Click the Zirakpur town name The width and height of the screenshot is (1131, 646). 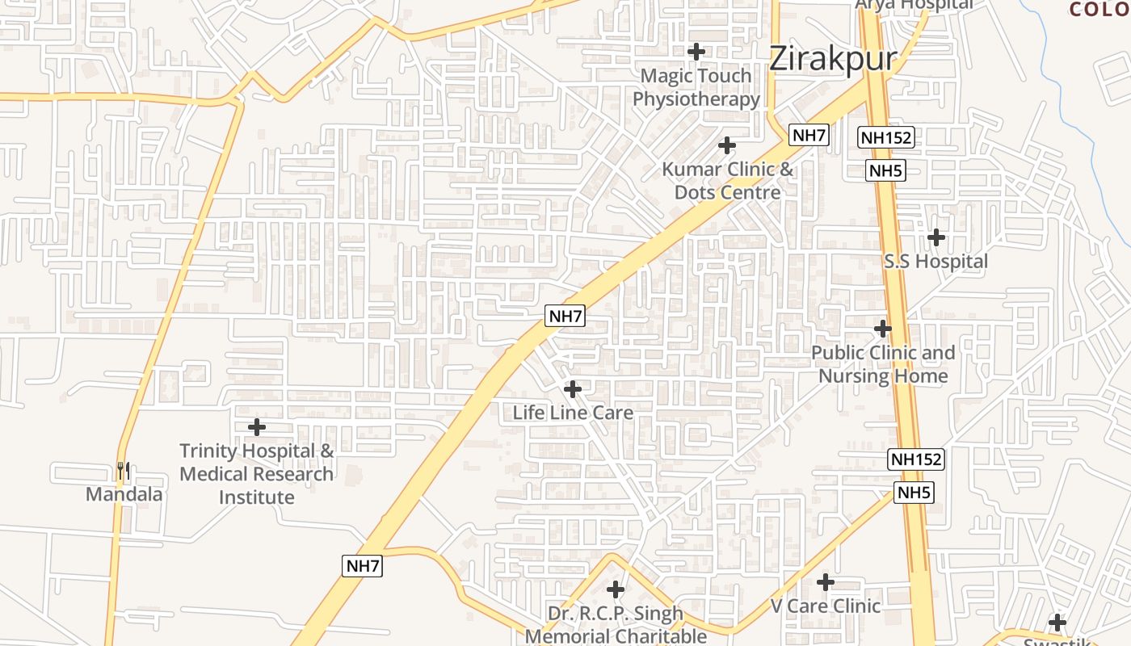pyautogui.click(x=832, y=59)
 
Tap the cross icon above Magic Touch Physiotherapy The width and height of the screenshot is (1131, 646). pyautogui.click(x=696, y=52)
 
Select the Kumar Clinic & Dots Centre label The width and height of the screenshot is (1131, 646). pyautogui.click(x=727, y=181)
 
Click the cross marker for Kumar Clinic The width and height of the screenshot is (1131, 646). pyautogui.click(x=727, y=145)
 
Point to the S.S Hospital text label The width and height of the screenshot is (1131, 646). pyautogui.click(x=935, y=262)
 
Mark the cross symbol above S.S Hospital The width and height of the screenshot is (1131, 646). pyautogui.click(x=936, y=237)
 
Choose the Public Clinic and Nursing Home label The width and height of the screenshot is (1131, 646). pyautogui.click(x=883, y=364)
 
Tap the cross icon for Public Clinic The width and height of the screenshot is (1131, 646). pyautogui.click(x=883, y=329)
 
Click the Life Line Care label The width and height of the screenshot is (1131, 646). pyautogui.click(x=573, y=413)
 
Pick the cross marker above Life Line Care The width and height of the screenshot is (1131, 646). pyautogui.click(x=573, y=389)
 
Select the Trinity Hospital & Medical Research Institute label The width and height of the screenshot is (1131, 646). pyautogui.click(x=257, y=474)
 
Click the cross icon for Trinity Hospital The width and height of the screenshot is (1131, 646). pyautogui.click(x=257, y=426)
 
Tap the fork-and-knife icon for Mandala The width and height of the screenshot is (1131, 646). pyautogui.click(x=123, y=470)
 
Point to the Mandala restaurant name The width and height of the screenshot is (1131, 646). pyautogui.click(x=124, y=494)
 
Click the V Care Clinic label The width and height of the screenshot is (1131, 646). pyautogui.click(x=825, y=606)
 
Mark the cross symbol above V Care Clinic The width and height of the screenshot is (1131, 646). pyautogui.click(x=825, y=581)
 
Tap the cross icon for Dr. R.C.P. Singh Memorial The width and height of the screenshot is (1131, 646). pyautogui.click(x=616, y=589)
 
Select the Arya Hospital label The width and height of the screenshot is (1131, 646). pyautogui.click(x=914, y=5)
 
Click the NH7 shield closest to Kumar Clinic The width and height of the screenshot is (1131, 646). pyautogui.click(x=809, y=135)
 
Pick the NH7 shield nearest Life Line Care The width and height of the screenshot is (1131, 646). pyautogui.click(x=565, y=316)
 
